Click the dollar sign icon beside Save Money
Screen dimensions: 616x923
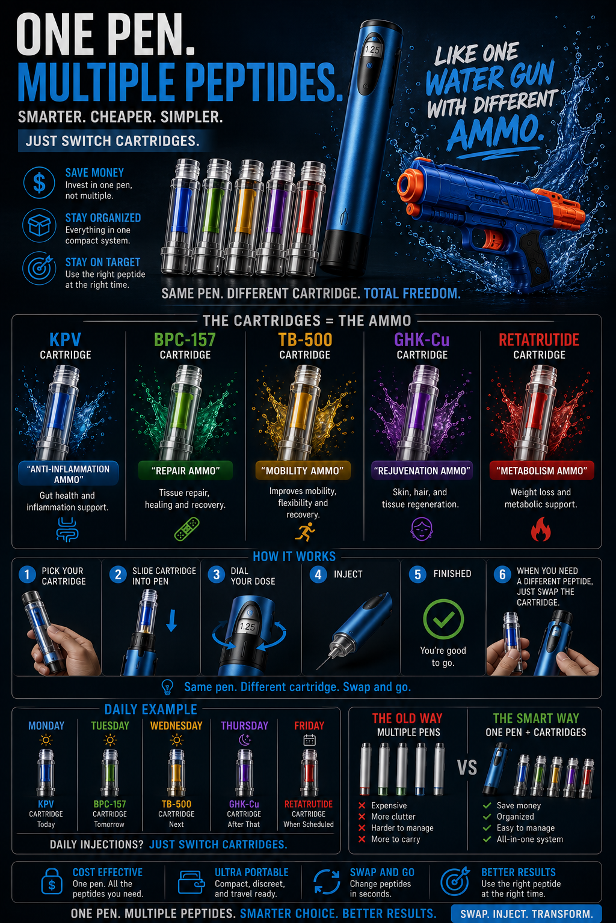coord(38,183)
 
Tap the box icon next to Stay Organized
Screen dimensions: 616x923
coord(39,225)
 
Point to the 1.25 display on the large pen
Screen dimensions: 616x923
coord(372,50)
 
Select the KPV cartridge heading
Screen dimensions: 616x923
coord(65,340)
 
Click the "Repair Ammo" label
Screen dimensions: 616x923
coord(185,471)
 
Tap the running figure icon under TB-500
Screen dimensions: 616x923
coord(304,531)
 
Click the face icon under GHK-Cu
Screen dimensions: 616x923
coord(421,529)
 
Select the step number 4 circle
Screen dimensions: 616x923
coord(318,574)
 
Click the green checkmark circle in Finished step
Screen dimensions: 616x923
coord(443,619)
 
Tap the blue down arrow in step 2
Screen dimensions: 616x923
coord(171,621)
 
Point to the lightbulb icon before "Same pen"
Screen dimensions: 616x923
coord(167,687)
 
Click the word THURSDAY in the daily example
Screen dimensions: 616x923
coord(244,726)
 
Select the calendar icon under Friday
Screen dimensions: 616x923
coord(309,740)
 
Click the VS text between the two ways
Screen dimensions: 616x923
coord(467,767)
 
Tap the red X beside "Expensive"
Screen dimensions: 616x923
coord(362,805)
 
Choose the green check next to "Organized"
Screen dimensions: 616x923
coord(487,816)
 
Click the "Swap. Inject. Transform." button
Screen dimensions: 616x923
coord(526,913)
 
